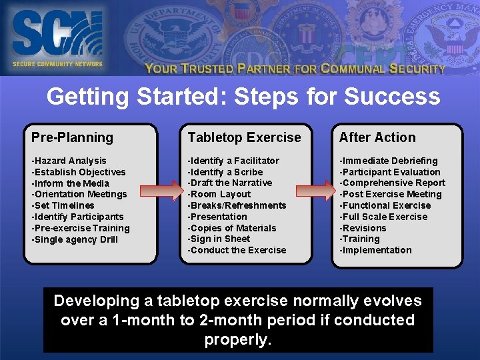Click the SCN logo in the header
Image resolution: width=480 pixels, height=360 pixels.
click(57, 37)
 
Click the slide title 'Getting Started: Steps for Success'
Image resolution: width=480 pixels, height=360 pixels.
click(243, 97)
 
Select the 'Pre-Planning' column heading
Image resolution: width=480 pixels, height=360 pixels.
click(72, 138)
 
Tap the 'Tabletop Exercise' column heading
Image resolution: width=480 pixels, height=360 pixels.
click(244, 138)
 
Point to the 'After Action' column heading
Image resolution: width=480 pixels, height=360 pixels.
click(377, 138)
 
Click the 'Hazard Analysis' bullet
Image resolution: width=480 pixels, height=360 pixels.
click(69, 161)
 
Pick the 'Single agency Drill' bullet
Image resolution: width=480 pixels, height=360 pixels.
click(74, 239)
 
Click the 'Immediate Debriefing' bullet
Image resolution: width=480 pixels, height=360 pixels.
click(388, 161)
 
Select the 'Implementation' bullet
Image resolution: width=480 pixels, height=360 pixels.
click(375, 250)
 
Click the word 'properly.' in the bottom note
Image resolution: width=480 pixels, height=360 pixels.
click(238, 339)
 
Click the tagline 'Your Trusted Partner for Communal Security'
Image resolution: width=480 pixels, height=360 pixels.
click(295, 68)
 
